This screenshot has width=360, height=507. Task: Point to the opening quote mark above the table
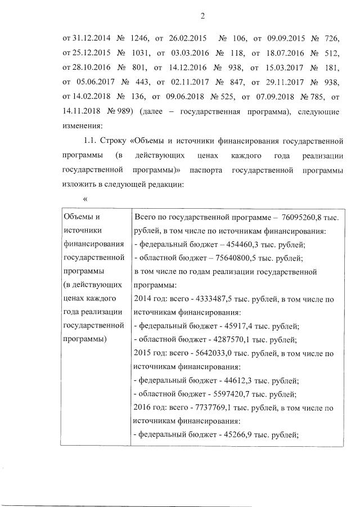tap(85, 199)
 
